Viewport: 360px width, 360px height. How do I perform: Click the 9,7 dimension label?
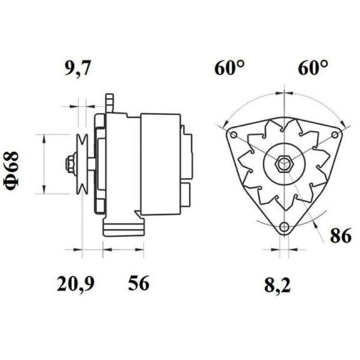pos(76,68)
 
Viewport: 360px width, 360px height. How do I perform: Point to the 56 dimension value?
pos(139,283)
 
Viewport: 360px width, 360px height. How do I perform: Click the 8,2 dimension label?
pos(277,285)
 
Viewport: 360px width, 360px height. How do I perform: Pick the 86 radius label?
pos(341,235)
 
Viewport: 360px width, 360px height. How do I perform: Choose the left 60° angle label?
pos(229,68)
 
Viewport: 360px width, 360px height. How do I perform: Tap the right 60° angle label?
pos(313,68)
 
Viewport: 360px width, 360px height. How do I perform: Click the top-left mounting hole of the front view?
pos(234,135)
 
